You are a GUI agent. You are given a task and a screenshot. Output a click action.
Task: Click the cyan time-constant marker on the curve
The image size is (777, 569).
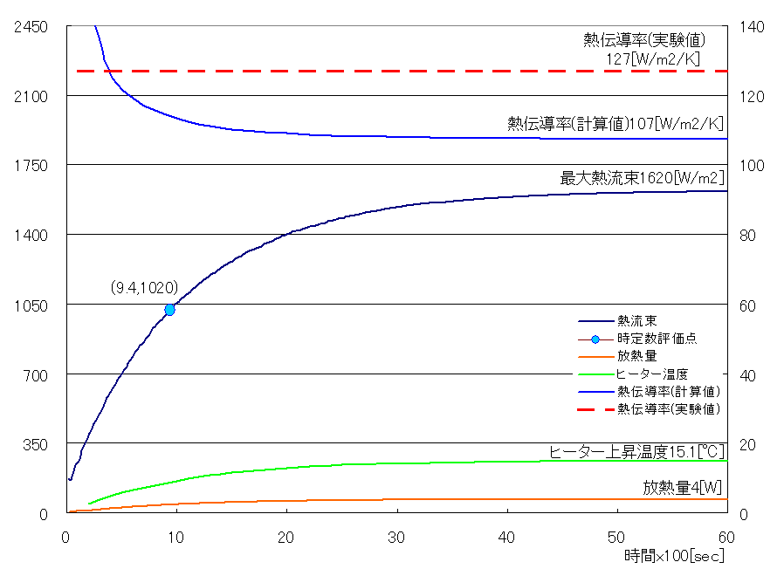169,310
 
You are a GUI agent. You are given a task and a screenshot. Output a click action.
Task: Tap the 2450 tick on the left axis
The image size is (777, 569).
31,27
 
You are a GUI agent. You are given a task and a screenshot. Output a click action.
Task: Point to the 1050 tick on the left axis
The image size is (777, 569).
31,305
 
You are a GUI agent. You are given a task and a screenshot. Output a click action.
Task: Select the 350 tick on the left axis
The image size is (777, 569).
34,444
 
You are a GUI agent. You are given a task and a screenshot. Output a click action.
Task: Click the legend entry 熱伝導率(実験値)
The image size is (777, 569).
668,408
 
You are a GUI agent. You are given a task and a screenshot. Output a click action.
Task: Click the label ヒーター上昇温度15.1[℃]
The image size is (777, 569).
636,451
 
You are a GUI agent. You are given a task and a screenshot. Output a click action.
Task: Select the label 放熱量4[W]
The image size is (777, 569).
684,486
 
